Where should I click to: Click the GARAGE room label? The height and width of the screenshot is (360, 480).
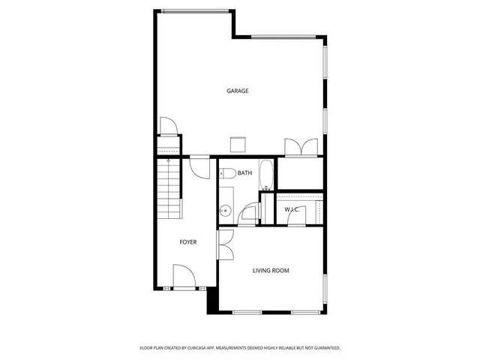point(238,91)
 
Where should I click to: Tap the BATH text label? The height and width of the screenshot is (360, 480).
point(244,173)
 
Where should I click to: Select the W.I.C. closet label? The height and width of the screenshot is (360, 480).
point(292,209)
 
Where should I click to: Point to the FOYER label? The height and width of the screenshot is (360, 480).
point(187,242)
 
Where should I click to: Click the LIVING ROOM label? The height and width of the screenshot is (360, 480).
point(271,271)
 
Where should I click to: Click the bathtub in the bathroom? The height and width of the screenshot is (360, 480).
point(266,175)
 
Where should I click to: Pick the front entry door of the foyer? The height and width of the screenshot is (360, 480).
point(184,277)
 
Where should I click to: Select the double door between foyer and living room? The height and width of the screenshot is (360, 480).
point(225,244)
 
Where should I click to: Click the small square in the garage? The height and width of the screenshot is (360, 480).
point(238,144)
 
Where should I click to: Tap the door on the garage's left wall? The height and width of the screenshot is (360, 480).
point(168,125)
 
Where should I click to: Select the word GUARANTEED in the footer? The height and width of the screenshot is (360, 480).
point(322,348)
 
